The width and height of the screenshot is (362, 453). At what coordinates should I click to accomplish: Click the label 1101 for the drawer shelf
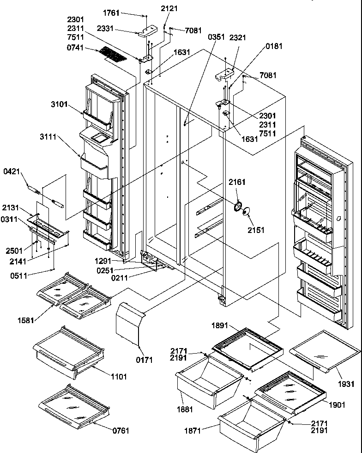(x=119, y=377)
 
